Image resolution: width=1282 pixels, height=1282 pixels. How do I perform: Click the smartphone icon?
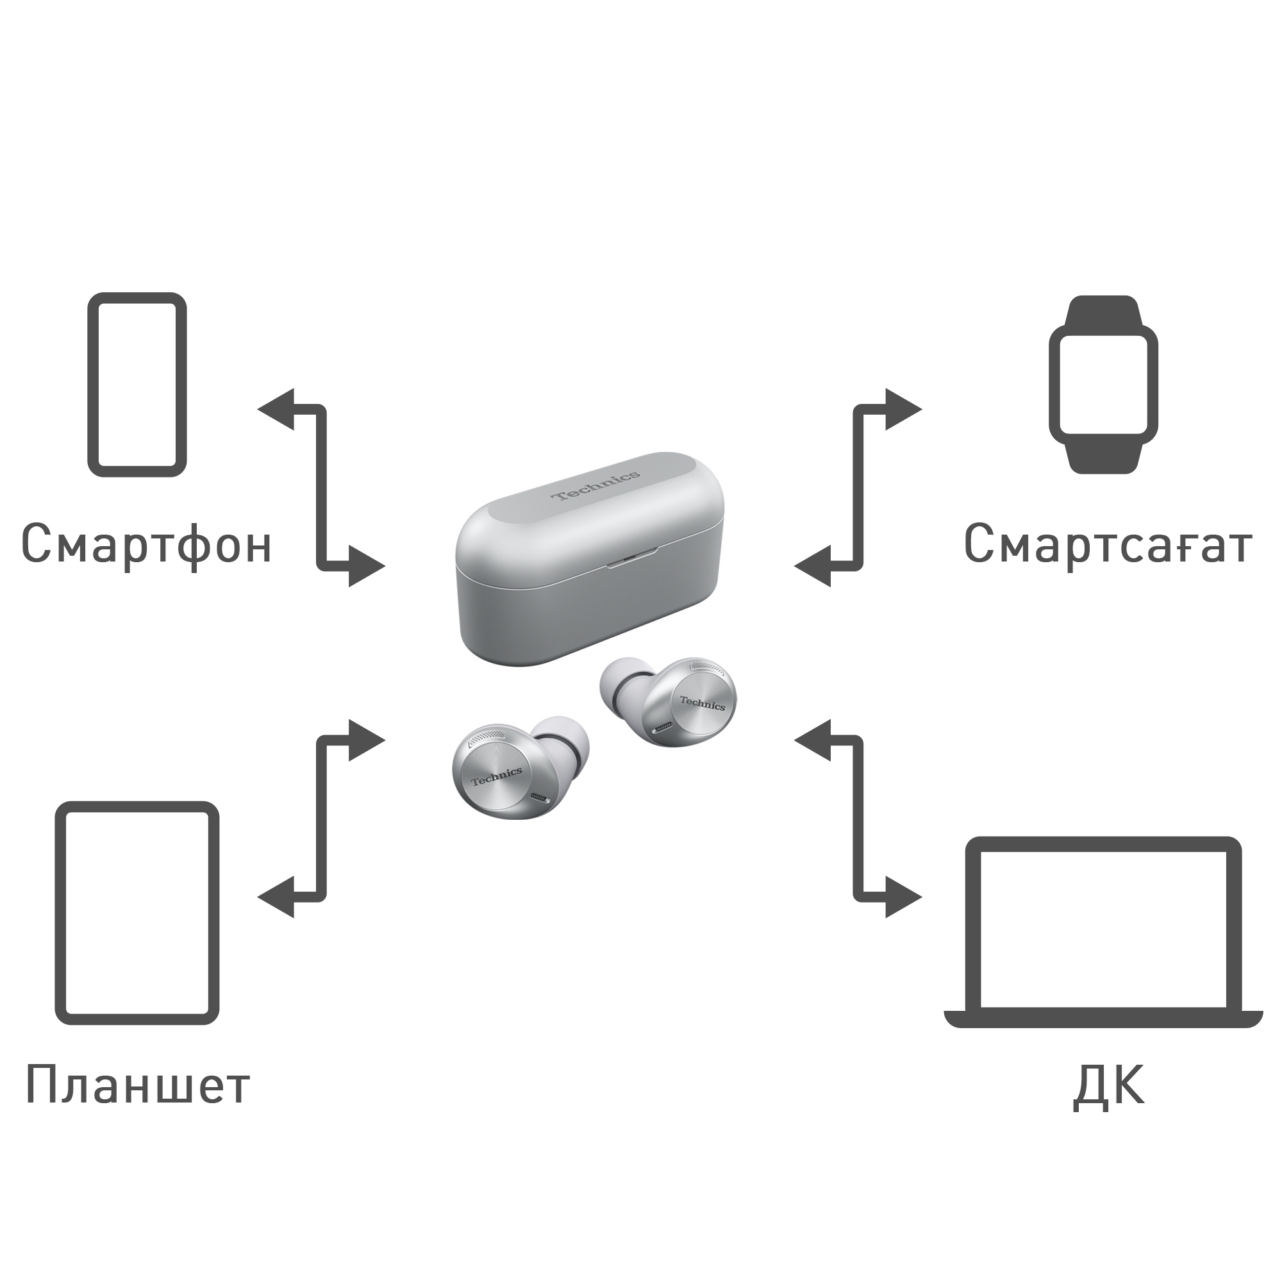(137, 384)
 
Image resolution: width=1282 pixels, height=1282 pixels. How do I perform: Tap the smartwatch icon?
(1102, 384)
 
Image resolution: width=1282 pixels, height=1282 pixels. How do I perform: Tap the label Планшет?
(137, 1083)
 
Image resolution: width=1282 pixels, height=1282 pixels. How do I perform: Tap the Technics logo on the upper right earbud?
(702, 703)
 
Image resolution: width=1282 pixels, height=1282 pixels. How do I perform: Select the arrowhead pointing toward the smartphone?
(278, 410)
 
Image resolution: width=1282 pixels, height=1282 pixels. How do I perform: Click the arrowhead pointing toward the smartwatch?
(902, 410)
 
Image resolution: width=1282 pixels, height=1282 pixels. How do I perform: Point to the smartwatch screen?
(1102, 385)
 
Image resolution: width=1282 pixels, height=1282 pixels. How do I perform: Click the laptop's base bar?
(1102, 1019)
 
